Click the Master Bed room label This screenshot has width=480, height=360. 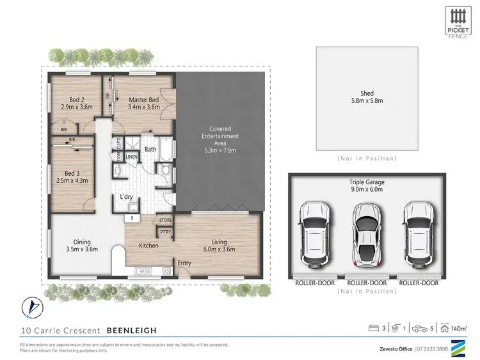[x=143, y=100]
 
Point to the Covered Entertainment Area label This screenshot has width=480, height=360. [x=220, y=136]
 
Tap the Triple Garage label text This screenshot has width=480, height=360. [x=367, y=182]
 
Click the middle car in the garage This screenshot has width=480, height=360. [x=367, y=234]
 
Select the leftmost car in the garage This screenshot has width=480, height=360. [x=314, y=234]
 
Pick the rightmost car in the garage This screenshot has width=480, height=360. [x=419, y=234]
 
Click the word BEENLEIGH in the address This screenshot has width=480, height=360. [x=131, y=331]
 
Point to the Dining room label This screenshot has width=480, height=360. [x=81, y=242]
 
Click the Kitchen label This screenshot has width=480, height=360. [x=149, y=245]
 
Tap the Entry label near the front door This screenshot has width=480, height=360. [x=184, y=263]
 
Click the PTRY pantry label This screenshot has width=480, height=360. [x=165, y=232]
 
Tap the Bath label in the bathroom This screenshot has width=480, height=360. [x=150, y=150]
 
